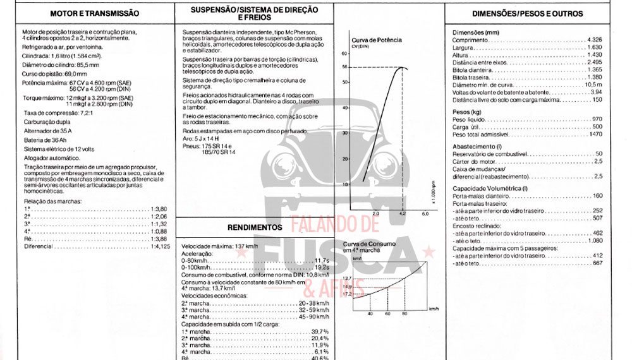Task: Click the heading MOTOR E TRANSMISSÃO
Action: tap(94, 13)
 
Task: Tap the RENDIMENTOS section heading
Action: tap(255, 227)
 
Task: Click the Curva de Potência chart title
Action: tap(377, 40)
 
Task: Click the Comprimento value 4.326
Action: tap(594, 39)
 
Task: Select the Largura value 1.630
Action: tap(595, 47)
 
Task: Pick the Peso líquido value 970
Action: tap(597, 119)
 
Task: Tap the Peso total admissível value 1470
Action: tap(595, 135)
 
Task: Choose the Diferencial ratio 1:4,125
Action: tap(161, 246)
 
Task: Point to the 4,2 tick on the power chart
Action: tap(401, 215)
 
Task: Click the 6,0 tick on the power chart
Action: tap(425, 215)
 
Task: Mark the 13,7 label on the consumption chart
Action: tap(347, 279)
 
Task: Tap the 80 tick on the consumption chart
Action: tap(404, 313)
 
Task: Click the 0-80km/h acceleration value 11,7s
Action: tap(322, 260)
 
